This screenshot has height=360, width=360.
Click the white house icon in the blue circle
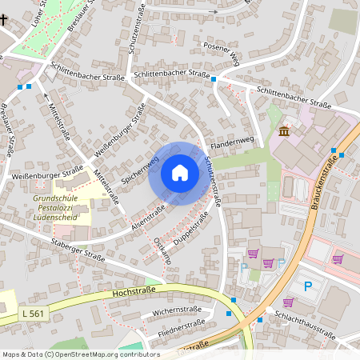pos(180,173)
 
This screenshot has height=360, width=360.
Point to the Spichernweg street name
pos(139,169)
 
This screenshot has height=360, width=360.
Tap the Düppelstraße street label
pos(189,229)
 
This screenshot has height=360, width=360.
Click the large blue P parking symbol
pos(307,286)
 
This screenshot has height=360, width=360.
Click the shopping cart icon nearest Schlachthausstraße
pos(288,302)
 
